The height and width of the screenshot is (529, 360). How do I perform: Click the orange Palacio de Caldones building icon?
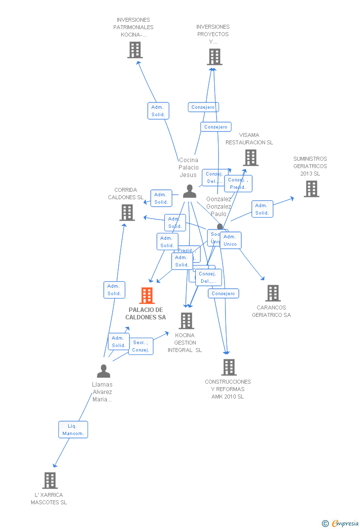pyautogui.click(x=147, y=296)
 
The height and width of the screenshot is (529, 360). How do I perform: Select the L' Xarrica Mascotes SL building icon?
pyautogui.click(x=50, y=480)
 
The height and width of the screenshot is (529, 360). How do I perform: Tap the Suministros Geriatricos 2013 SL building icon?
pyautogui.click(x=311, y=189)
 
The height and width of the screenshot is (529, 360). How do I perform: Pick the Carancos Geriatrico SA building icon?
pyautogui.click(x=272, y=293)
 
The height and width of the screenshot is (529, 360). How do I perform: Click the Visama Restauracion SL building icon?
pyautogui.click(x=251, y=158)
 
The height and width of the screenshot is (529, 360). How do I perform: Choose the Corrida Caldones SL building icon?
pyautogui.click(x=127, y=213)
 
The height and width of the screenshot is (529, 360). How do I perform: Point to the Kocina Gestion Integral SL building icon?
pyautogui.click(x=186, y=321)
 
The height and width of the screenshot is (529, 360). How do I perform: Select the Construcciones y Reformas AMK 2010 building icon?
pyautogui.click(x=228, y=367)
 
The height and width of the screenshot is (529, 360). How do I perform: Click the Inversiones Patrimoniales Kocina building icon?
pyautogui.click(x=135, y=50)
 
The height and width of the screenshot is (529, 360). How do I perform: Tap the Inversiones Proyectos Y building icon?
pyautogui.click(x=214, y=57)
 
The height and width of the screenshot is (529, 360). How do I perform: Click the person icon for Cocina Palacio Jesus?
pyautogui.click(x=189, y=191)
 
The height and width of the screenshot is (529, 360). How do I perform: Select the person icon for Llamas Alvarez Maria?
pyautogui.click(x=103, y=371)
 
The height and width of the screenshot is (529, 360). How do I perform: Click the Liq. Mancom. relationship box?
pyautogui.click(x=73, y=430)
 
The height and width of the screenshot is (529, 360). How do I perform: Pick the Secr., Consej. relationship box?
pyautogui.click(x=141, y=346)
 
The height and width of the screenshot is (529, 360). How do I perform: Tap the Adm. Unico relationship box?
pyautogui.click(x=230, y=240)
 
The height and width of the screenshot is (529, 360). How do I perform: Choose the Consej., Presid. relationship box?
pyautogui.click(x=238, y=183)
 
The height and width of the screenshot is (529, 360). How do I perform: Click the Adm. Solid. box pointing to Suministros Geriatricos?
pyautogui.click(x=262, y=209)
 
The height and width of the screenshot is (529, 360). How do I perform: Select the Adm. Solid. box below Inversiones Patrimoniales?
pyautogui.click(x=158, y=111)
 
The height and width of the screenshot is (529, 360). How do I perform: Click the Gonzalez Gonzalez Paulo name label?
pyautogui.click(x=219, y=206)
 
